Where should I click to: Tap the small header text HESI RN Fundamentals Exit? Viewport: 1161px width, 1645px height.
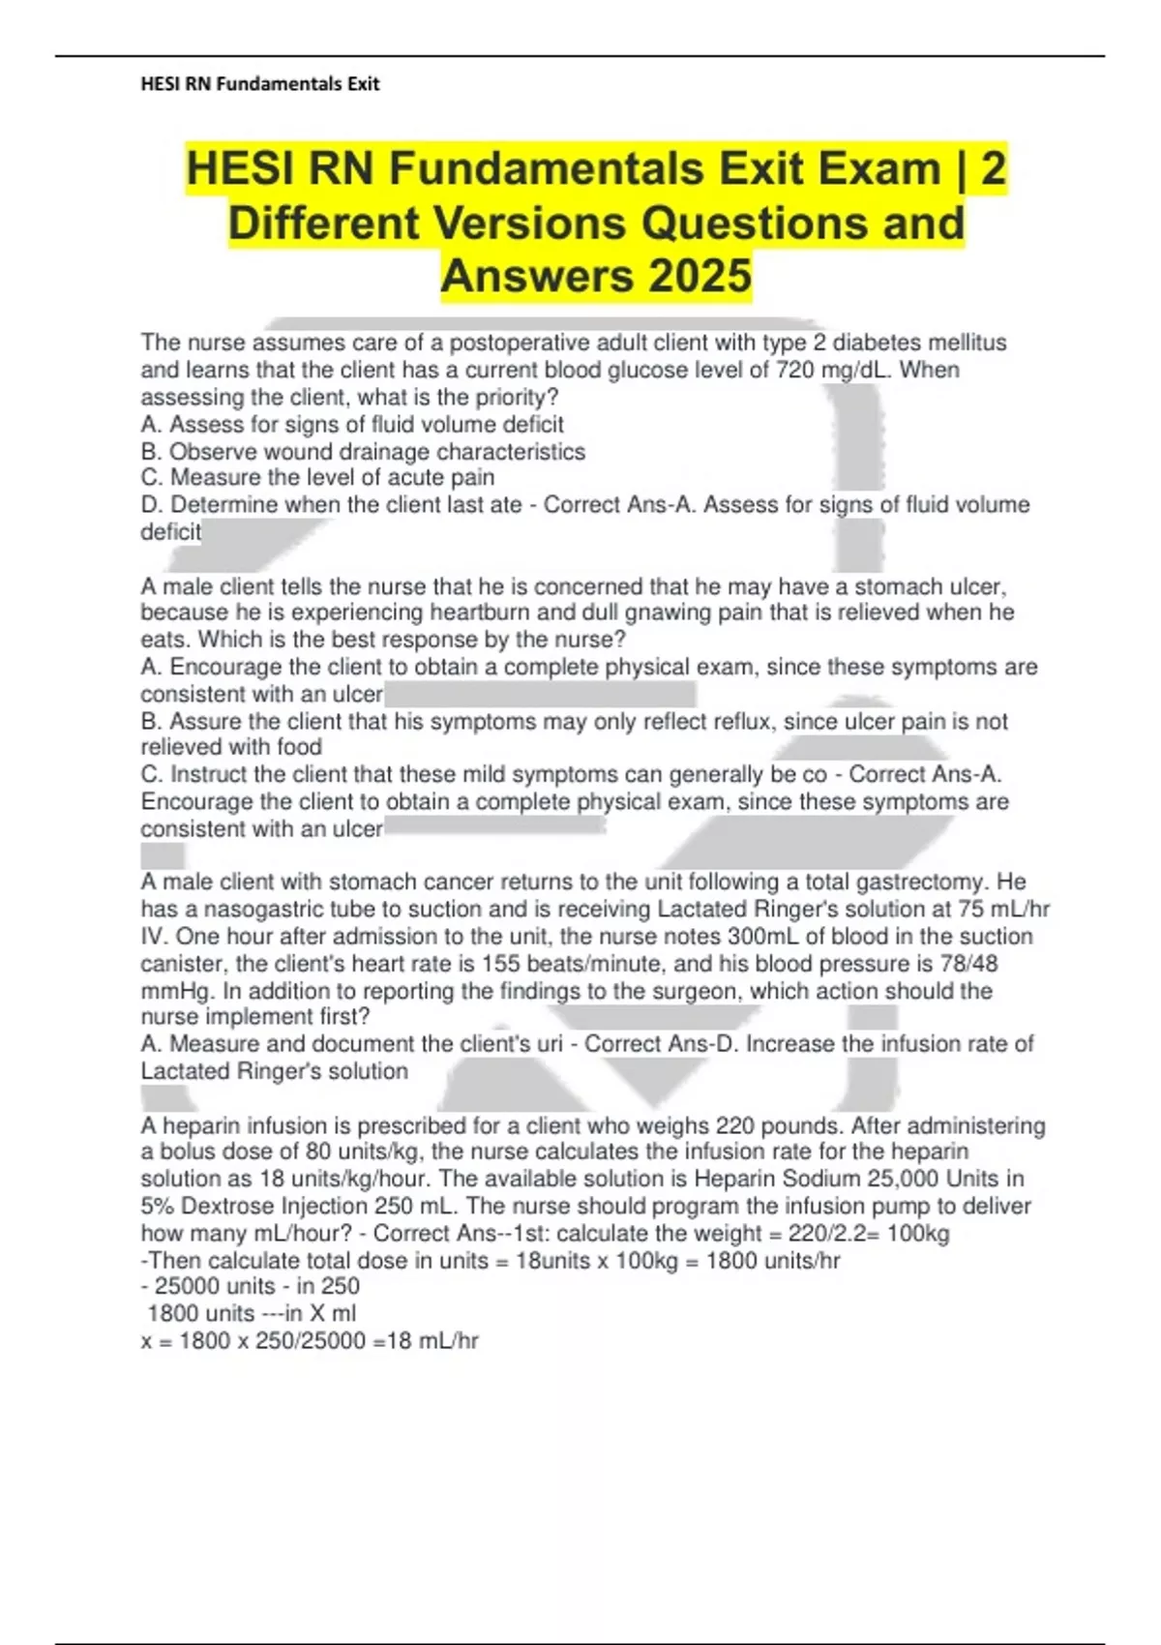(259, 84)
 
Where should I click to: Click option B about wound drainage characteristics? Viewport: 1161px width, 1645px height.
(363, 452)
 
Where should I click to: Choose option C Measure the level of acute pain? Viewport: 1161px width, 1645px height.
(317, 478)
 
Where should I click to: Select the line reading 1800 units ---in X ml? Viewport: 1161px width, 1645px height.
(252, 1314)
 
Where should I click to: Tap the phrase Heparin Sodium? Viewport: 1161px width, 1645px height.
(777, 1180)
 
